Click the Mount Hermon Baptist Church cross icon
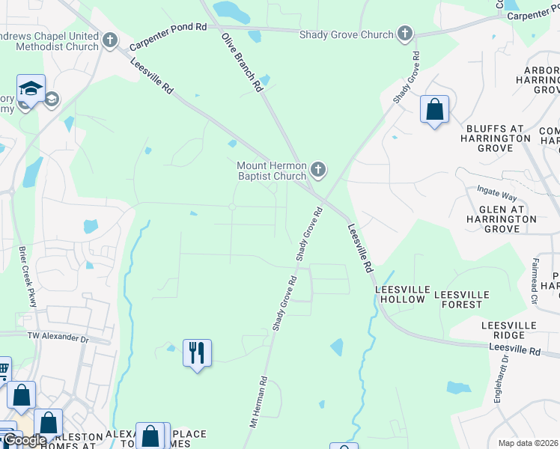pos(318,170)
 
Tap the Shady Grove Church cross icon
pos(404,34)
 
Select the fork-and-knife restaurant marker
pos(197,352)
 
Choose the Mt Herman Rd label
pos(258,402)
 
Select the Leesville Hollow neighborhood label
pos(403,294)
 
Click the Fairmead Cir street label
pos(535,275)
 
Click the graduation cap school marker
pos(31,90)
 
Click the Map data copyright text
pos(529,443)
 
